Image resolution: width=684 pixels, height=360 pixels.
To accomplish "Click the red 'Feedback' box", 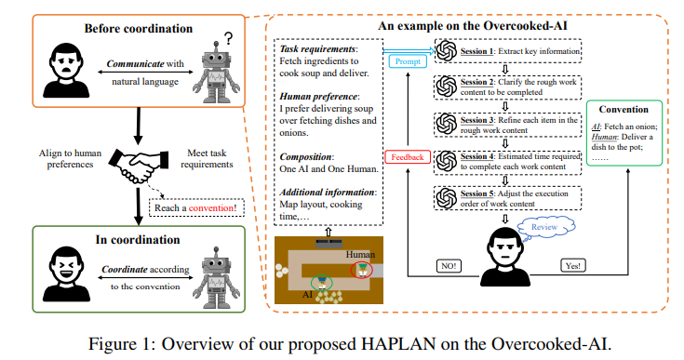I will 407,156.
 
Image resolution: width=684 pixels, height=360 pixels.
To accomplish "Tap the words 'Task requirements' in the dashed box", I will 315,47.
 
